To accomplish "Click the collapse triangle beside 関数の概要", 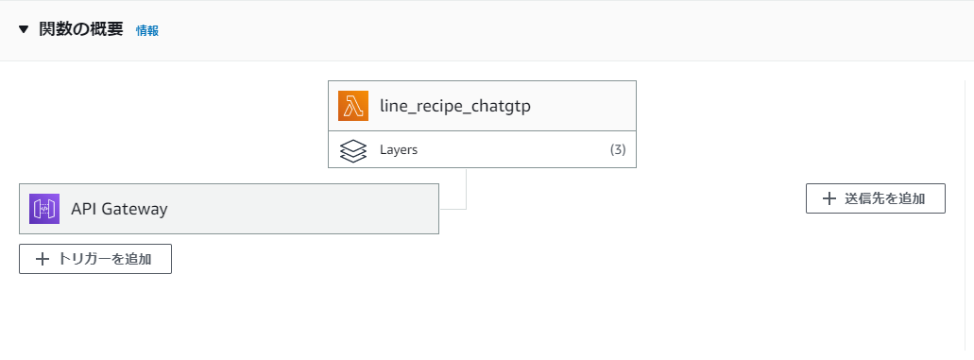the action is tap(24, 29).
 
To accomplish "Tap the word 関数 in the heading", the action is tap(56, 29).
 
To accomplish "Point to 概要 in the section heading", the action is tap(108, 29).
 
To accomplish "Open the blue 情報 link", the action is tap(147, 30).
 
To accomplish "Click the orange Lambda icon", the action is tap(353, 106).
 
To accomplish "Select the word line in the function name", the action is tap(393, 106).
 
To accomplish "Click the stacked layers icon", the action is tap(352, 150).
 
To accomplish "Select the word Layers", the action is tap(399, 150).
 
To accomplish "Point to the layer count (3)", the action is tap(617, 149).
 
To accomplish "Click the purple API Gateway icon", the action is tap(44, 209).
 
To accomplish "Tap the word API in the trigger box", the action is tap(84, 209).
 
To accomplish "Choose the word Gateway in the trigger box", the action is tap(136, 209).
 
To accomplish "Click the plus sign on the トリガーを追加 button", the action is tap(43, 258).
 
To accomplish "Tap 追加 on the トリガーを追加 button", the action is tap(138, 258).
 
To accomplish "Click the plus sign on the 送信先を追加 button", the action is tap(829, 198).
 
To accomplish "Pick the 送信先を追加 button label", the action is tap(883, 198).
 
